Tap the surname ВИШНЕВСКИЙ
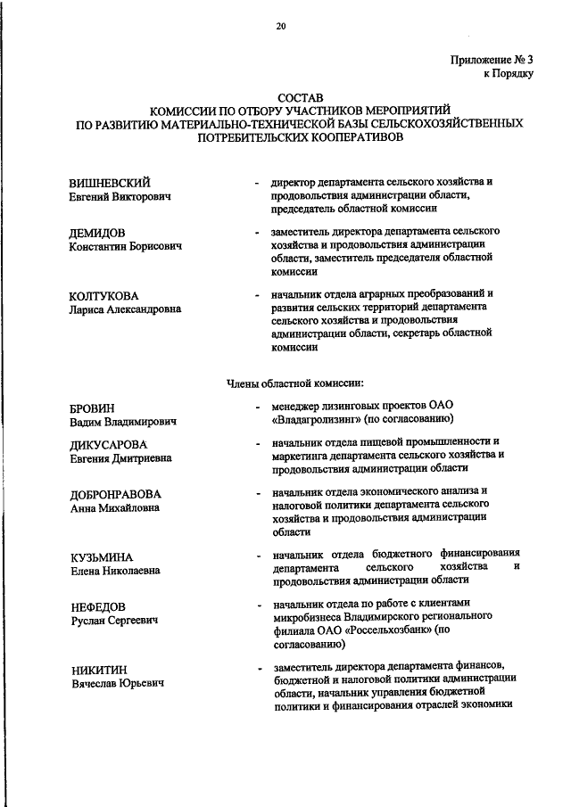click(x=110, y=182)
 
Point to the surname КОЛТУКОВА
click(x=104, y=295)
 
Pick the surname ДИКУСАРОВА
click(x=108, y=444)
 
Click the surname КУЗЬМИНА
click(x=101, y=556)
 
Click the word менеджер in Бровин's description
click(x=301, y=406)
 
